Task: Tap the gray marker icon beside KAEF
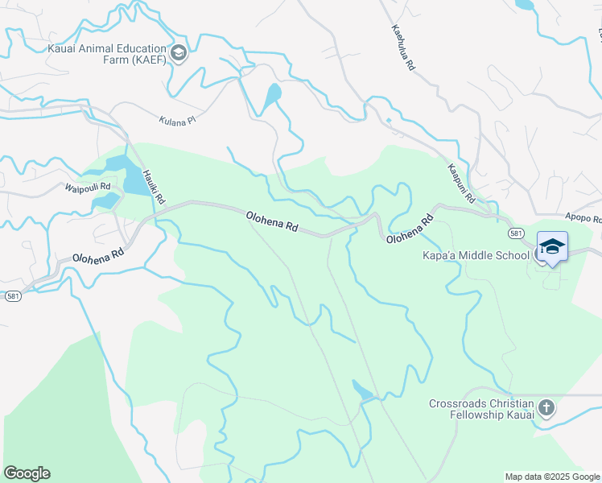click(179, 55)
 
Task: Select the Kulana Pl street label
click(176, 120)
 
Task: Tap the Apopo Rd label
click(583, 218)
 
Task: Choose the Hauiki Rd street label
click(154, 186)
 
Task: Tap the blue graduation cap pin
click(552, 246)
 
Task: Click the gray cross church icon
click(546, 408)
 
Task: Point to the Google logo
click(27, 473)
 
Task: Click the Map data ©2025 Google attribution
click(552, 477)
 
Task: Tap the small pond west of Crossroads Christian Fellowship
click(362, 391)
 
